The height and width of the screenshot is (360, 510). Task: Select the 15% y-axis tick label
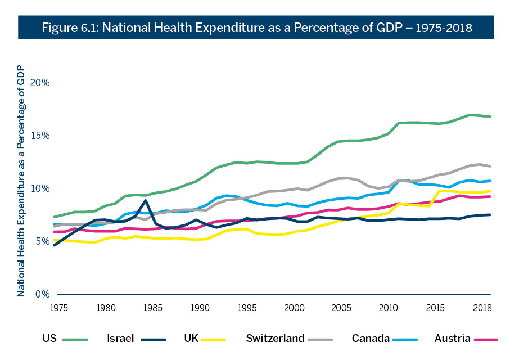pos(40,136)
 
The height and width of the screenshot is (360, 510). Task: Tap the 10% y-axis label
pos(40,188)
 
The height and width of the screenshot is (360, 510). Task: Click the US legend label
pos(49,338)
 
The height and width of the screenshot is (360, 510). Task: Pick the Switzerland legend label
pos(275,338)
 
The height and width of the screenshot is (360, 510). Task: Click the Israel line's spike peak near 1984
pos(146,200)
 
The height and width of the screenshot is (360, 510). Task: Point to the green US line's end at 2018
pos(490,116)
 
